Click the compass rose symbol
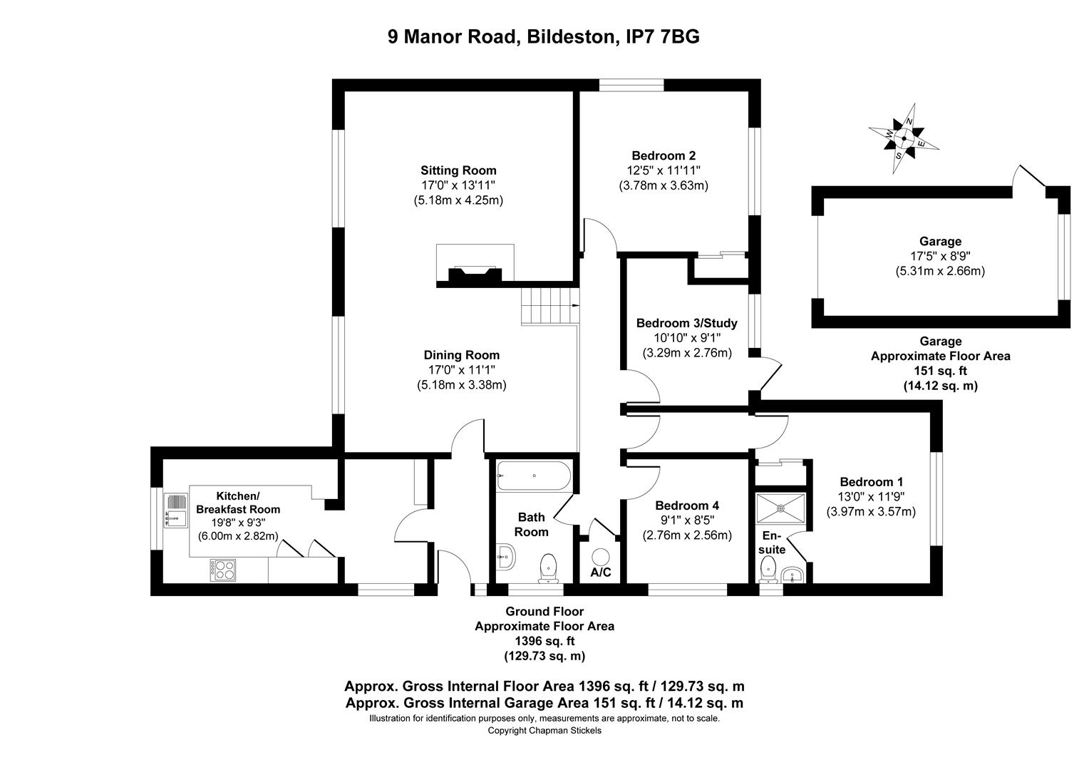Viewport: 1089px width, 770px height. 904,138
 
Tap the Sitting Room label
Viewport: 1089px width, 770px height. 458,170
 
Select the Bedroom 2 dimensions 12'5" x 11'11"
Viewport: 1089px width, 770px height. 663,170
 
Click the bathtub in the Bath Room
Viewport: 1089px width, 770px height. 534,476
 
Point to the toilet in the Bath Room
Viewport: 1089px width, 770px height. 548,568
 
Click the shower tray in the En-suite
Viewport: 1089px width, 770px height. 781,508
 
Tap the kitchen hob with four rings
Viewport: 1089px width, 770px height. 223,570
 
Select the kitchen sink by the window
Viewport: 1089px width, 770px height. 176,510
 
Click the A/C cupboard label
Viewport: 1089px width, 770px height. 600,573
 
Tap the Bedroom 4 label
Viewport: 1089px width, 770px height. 687,505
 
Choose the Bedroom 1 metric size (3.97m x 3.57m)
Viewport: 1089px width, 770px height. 871,512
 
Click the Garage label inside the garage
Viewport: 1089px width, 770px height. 940,241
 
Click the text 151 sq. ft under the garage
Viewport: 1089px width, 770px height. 940,371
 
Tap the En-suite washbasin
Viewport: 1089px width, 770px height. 793,575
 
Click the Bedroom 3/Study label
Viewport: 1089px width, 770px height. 686,323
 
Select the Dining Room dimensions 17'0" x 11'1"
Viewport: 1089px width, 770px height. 461,370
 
